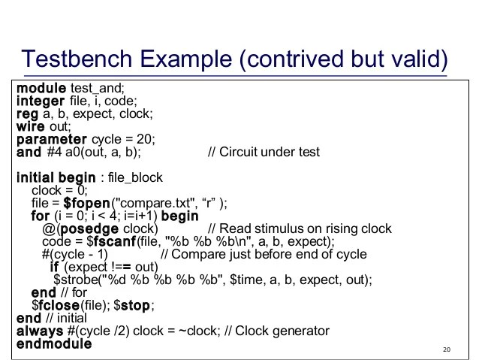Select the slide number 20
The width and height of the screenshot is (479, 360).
tap(447, 349)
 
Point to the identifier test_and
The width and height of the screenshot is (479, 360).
tap(98, 89)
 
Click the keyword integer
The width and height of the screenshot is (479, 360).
tap(41, 101)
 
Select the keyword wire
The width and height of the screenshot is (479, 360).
tap(31, 127)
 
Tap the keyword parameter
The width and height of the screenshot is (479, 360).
tap(51, 140)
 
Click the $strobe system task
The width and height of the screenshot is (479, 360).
tap(75, 280)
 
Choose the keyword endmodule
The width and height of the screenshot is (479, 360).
tap(53, 344)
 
